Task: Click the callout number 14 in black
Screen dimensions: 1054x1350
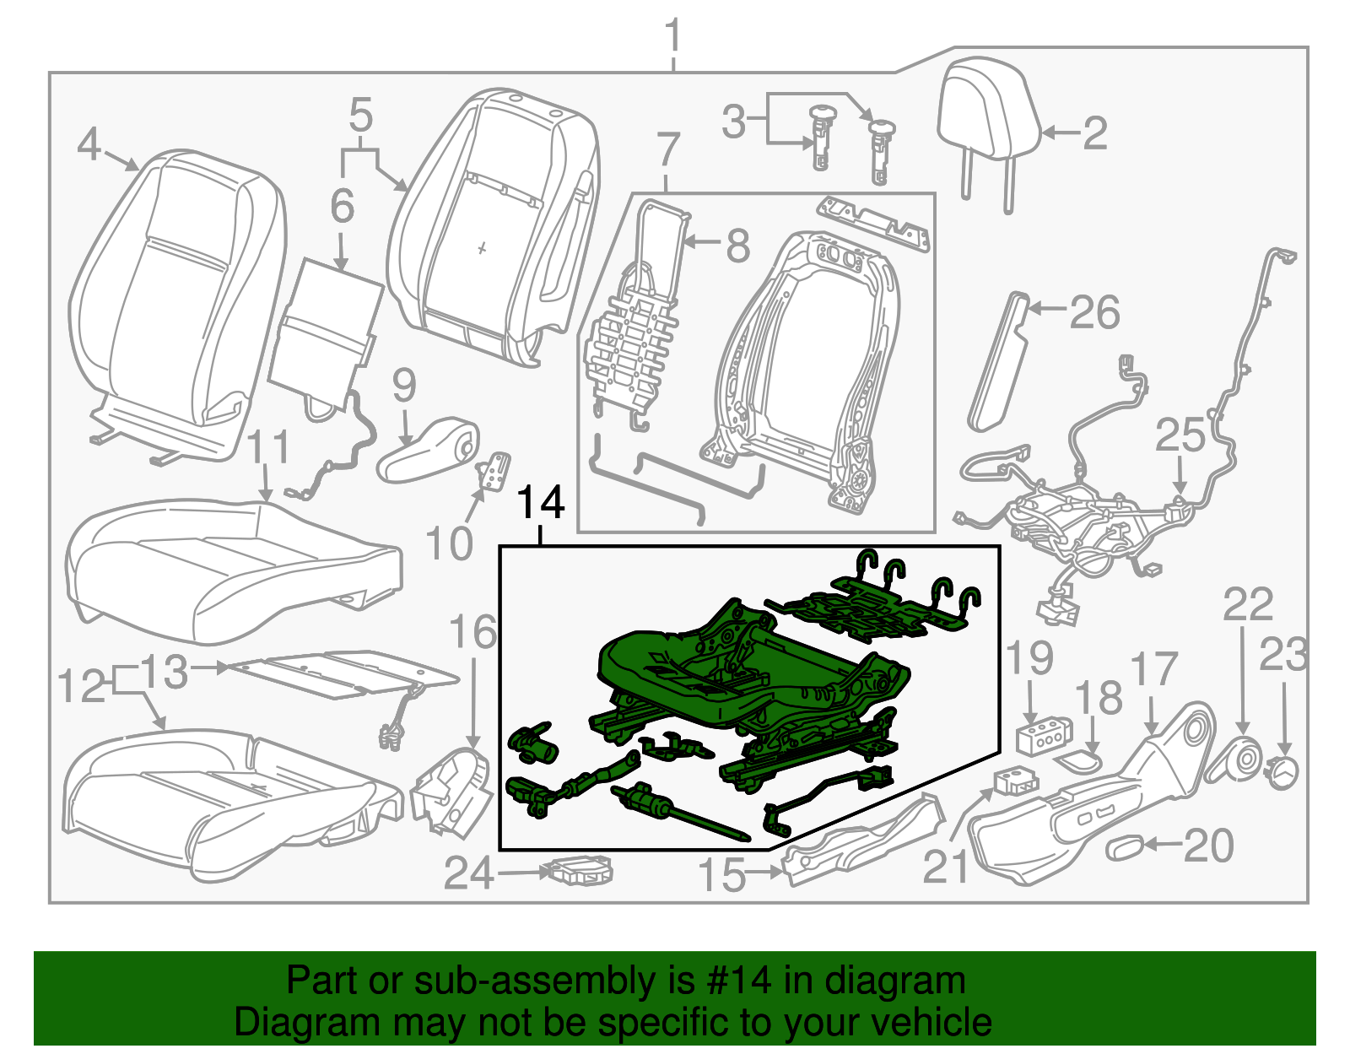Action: point(540,503)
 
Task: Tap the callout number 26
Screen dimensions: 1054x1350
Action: point(1094,313)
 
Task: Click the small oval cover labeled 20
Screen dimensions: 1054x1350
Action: point(1126,847)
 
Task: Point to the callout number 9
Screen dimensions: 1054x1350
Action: point(404,385)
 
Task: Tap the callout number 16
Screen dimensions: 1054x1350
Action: point(472,632)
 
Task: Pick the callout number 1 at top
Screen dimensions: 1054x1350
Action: point(672,38)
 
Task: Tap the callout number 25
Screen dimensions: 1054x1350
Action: point(1180,436)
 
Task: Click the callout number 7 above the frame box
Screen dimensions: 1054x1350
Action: point(667,150)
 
